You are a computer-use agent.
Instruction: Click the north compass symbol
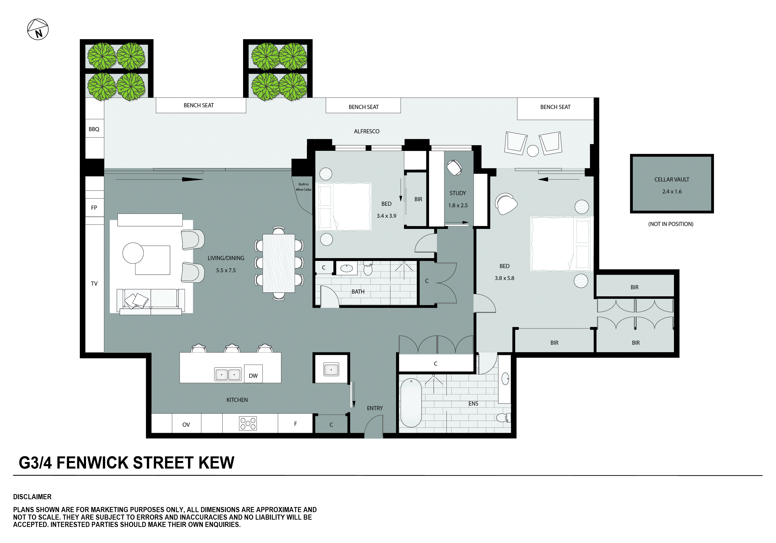[38, 29]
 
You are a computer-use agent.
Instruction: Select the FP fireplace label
[94, 208]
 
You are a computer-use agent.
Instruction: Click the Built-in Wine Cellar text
[303, 187]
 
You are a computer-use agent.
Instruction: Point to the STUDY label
[458, 193]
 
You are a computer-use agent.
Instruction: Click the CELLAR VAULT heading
[672, 180]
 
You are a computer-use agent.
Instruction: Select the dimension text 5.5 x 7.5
[226, 270]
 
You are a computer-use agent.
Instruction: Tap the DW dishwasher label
[253, 376]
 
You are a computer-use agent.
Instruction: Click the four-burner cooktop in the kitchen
[248, 423]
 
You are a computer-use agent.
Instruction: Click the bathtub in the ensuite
[411, 403]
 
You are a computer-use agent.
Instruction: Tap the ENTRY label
[375, 408]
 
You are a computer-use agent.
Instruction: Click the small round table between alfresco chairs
[533, 151]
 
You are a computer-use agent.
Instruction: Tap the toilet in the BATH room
[368, 269]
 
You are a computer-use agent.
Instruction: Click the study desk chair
[454, 167]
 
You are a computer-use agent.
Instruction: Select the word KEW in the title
[216, 463]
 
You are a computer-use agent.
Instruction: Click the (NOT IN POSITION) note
[671, 224]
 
